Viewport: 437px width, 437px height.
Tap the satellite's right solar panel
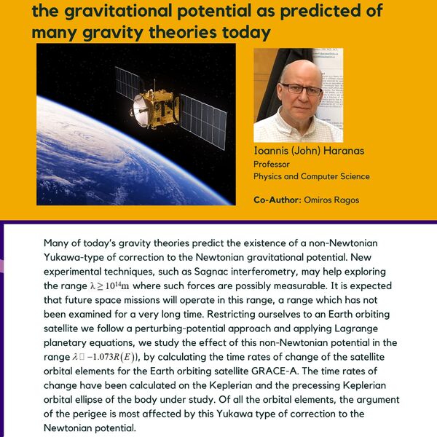click(x=203, y=121)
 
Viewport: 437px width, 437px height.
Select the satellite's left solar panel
click(x=127, y=83)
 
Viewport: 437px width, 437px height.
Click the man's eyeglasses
click(x=301, y=89)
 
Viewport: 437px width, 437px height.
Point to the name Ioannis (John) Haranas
click(x=309, y=151)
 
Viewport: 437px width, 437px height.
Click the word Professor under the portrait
click(x=272, y=164)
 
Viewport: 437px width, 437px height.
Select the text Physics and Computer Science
click(x=312, y=176)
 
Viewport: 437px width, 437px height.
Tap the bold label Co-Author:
click(x=277, y=200)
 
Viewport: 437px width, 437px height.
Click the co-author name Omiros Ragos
click(x=331, y=200)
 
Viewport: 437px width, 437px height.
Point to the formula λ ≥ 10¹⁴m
click(x=109, y=286)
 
